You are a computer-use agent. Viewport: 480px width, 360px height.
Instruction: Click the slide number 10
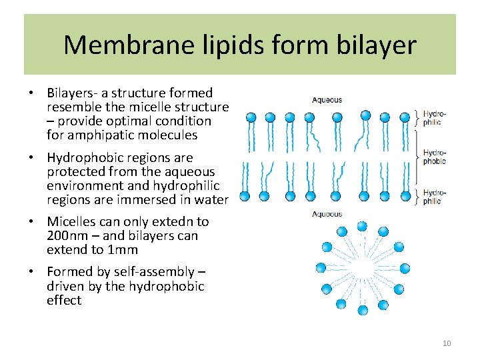(x=447, y=343)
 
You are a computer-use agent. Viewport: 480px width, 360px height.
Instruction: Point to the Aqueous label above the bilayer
(x=327, y=100)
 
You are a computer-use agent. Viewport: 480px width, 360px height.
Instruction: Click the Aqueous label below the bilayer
(x=327, y=214)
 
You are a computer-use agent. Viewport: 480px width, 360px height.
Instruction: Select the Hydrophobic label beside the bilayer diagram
(x=435, y=157)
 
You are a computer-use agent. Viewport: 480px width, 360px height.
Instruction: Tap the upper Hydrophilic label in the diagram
(x=435, y=118)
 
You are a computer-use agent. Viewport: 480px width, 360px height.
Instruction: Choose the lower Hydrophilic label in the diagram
(x=433, y=196)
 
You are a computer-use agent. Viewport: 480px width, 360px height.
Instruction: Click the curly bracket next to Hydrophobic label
(x=417, y=157)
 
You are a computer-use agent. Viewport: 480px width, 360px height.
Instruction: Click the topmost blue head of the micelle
(x=362, y=226)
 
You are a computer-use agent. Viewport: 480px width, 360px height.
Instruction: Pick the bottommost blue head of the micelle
(x=363, y=310)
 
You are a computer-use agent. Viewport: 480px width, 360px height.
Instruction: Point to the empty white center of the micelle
(x=362, y=268)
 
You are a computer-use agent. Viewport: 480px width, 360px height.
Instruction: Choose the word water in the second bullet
(x=213, y=200)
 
